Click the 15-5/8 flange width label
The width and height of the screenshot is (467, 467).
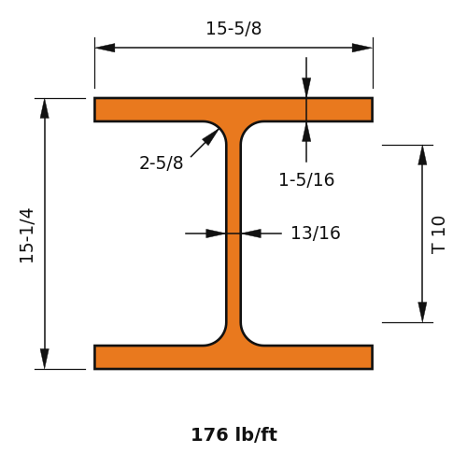click(233, 28)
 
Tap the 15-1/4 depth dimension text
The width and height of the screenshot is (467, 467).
click(26, 235)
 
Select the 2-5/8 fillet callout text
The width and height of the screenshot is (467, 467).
click(162, 163)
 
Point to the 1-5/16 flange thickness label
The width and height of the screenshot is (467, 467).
click(306, 179)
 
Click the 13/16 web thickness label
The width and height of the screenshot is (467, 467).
click(316, 233)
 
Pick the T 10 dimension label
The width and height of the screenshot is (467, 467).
click(438, 235)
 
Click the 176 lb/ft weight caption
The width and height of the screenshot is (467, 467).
click(234, 434)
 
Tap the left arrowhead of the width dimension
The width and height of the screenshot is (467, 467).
click(105, 48)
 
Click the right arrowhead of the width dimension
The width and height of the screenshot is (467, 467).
click(362, 48)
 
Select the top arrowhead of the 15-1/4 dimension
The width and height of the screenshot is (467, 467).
click(45, 108)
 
